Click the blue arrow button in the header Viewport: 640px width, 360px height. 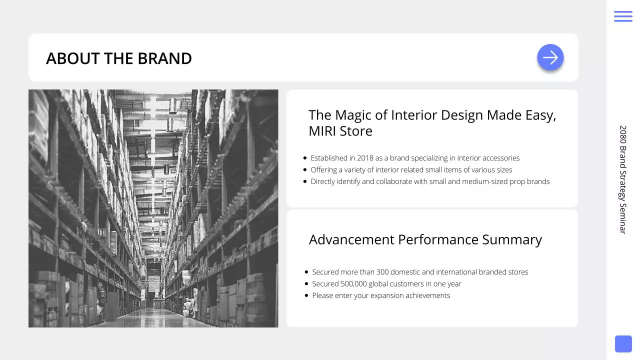(550, 57)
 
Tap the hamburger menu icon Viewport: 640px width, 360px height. (623, 16)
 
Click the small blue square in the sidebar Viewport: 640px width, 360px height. (623, 344)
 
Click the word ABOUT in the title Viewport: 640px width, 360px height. (73, 58)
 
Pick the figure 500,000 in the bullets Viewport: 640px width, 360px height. (354, 284)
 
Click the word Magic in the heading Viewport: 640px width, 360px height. (353, 115)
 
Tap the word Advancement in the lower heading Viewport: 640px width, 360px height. (351, 239)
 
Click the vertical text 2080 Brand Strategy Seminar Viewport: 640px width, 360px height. (623, 179)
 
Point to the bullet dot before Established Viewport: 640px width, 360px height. (305, 158)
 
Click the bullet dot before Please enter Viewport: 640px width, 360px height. (306, 295)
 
